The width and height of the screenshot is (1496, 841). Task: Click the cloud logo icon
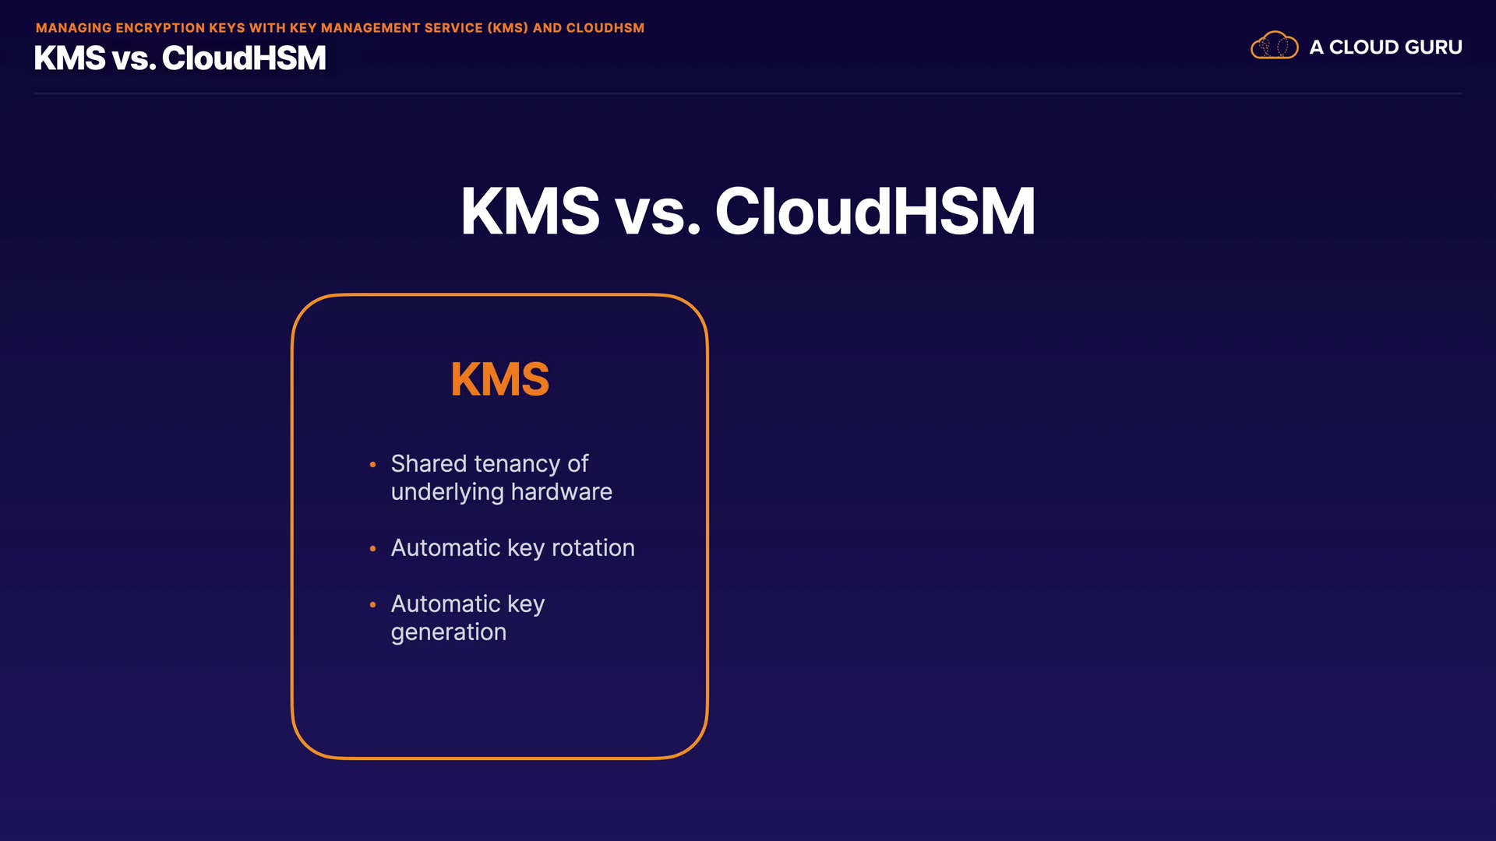coord(1274,46)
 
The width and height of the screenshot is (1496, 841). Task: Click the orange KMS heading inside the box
coord(500,380)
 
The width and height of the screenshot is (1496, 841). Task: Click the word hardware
coord(562,491)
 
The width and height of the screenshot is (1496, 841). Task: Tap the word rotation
coord(593,547)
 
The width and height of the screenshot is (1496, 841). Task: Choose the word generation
coord(449,632)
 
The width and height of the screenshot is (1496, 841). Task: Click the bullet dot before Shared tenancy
coord(372,465)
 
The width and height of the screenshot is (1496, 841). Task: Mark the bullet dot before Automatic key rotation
coord(372,549)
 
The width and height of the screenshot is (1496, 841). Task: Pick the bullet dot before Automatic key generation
coord(372,604)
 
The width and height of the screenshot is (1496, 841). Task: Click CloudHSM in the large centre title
coord(875,211)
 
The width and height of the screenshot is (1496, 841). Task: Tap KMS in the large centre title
coord(531,211)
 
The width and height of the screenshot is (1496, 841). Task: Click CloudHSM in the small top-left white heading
coord(244,58)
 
